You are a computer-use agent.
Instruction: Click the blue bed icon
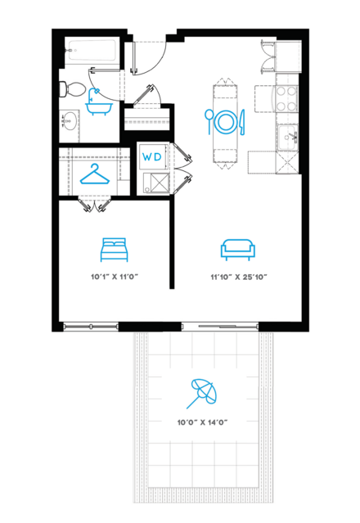coord(114,250)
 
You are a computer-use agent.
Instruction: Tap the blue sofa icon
coord(237,250)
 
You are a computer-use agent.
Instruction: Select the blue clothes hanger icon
coord(95,174)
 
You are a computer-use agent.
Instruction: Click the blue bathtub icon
coord(99,102)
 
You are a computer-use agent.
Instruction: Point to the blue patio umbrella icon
coord(201,394)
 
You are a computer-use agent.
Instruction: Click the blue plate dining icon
coord(225,122)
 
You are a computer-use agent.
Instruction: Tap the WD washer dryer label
coord(152,157)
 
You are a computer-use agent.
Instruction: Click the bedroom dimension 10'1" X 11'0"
coord(115,277)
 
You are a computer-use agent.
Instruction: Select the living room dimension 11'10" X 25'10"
coord(239,277)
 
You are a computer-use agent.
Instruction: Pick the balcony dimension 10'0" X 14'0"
coord(202,422)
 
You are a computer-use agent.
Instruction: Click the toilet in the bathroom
coord(72,89)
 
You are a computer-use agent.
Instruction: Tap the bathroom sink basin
coord(69,121)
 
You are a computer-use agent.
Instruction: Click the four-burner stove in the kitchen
coord(286,98)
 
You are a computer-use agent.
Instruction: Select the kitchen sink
coord(288,137)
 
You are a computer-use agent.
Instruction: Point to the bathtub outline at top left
coord(92,50)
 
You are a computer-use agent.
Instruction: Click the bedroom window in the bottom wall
coord(91,327)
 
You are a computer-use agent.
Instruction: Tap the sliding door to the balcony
coord(220,327)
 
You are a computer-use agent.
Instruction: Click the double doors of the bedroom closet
coord(95,205)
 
